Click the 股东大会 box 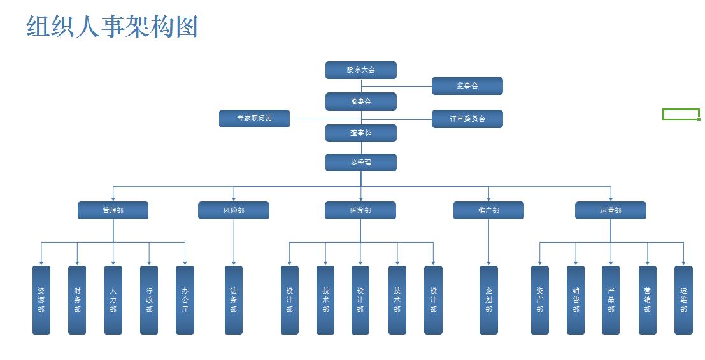click(x=360, y=70)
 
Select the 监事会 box click(x=467, y=86)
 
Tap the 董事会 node click(x=360, y=101)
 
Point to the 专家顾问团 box click(x=254, y=119)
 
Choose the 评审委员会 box click(x=467, y=119)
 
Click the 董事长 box click(x=360, y=133)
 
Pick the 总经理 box click(x=360, y=162)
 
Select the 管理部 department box click(x=113, y=210)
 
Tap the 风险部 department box click(x=233, y=210)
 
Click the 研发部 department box click(x=360, y=210)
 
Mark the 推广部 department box click(x=488, y=210)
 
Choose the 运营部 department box click(x=610, y=210)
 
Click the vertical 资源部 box click(x=41, y=300)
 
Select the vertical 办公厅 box click(x=185, y=300)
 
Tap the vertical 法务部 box click(x=233, y=300)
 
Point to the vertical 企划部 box click(x=488, y=300)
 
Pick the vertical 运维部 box click(x=683, y=300)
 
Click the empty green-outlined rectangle click(x=681, y=114)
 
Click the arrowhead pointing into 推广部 click(x=488, y=199)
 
